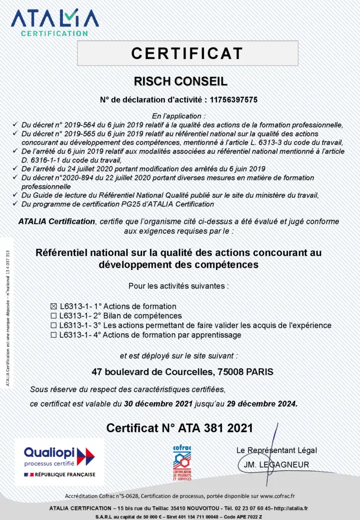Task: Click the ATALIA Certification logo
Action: [55, 21]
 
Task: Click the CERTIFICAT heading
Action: [187, 53]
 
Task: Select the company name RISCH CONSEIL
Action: [180, 82]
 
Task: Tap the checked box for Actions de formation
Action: [54, 307]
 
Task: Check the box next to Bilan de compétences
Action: [54, 316]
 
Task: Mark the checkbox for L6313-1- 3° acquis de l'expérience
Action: [54, 326]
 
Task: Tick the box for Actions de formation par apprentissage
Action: [54, 335]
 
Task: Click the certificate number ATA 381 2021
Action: [215, 428]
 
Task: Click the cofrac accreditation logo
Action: [182, 463]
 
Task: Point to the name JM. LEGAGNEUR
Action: [275, 464]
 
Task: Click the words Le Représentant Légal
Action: [276, 450]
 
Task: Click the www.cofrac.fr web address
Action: [276, 496]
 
